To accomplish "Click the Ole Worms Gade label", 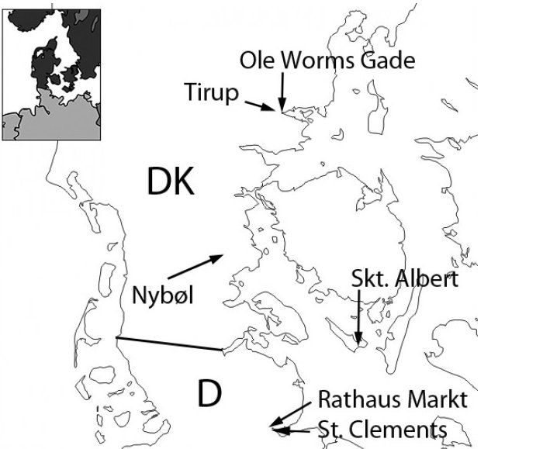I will click(328, 60).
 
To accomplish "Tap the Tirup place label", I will click(209, 92).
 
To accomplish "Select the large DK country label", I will click(170, 182).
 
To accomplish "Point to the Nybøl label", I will click(163, 295).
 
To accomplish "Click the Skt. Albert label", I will click(404, 279).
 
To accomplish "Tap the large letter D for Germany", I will click(209, 394).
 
